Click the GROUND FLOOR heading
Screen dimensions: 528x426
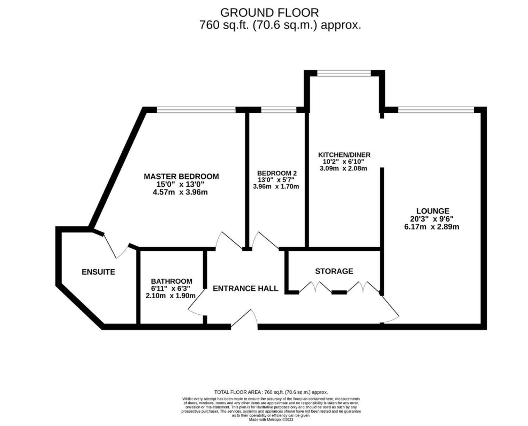click(270, 13)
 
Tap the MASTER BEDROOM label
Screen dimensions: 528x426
click(181, 176)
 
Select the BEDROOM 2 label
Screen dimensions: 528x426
click(277, 173)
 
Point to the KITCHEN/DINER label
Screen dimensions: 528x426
click(344, 155)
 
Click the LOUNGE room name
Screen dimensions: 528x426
click(433, 211)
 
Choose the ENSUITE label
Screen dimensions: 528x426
click(98, 272)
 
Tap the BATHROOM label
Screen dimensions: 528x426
click(172, 281)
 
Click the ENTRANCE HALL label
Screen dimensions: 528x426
click(246, 289)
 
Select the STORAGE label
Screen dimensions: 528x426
click(334, 271)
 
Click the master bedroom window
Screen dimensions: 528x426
click(196, 110)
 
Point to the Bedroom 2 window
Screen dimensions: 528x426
click(279, 110)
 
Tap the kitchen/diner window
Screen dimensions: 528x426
click(344, 73)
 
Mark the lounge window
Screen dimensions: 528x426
click(436, 110)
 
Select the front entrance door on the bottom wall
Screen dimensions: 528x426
click(244, 319)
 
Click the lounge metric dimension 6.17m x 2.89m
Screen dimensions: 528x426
click(432, 227)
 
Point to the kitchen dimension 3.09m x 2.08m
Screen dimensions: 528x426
click(343, 169)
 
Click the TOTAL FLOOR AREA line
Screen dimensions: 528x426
click(271, 392)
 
